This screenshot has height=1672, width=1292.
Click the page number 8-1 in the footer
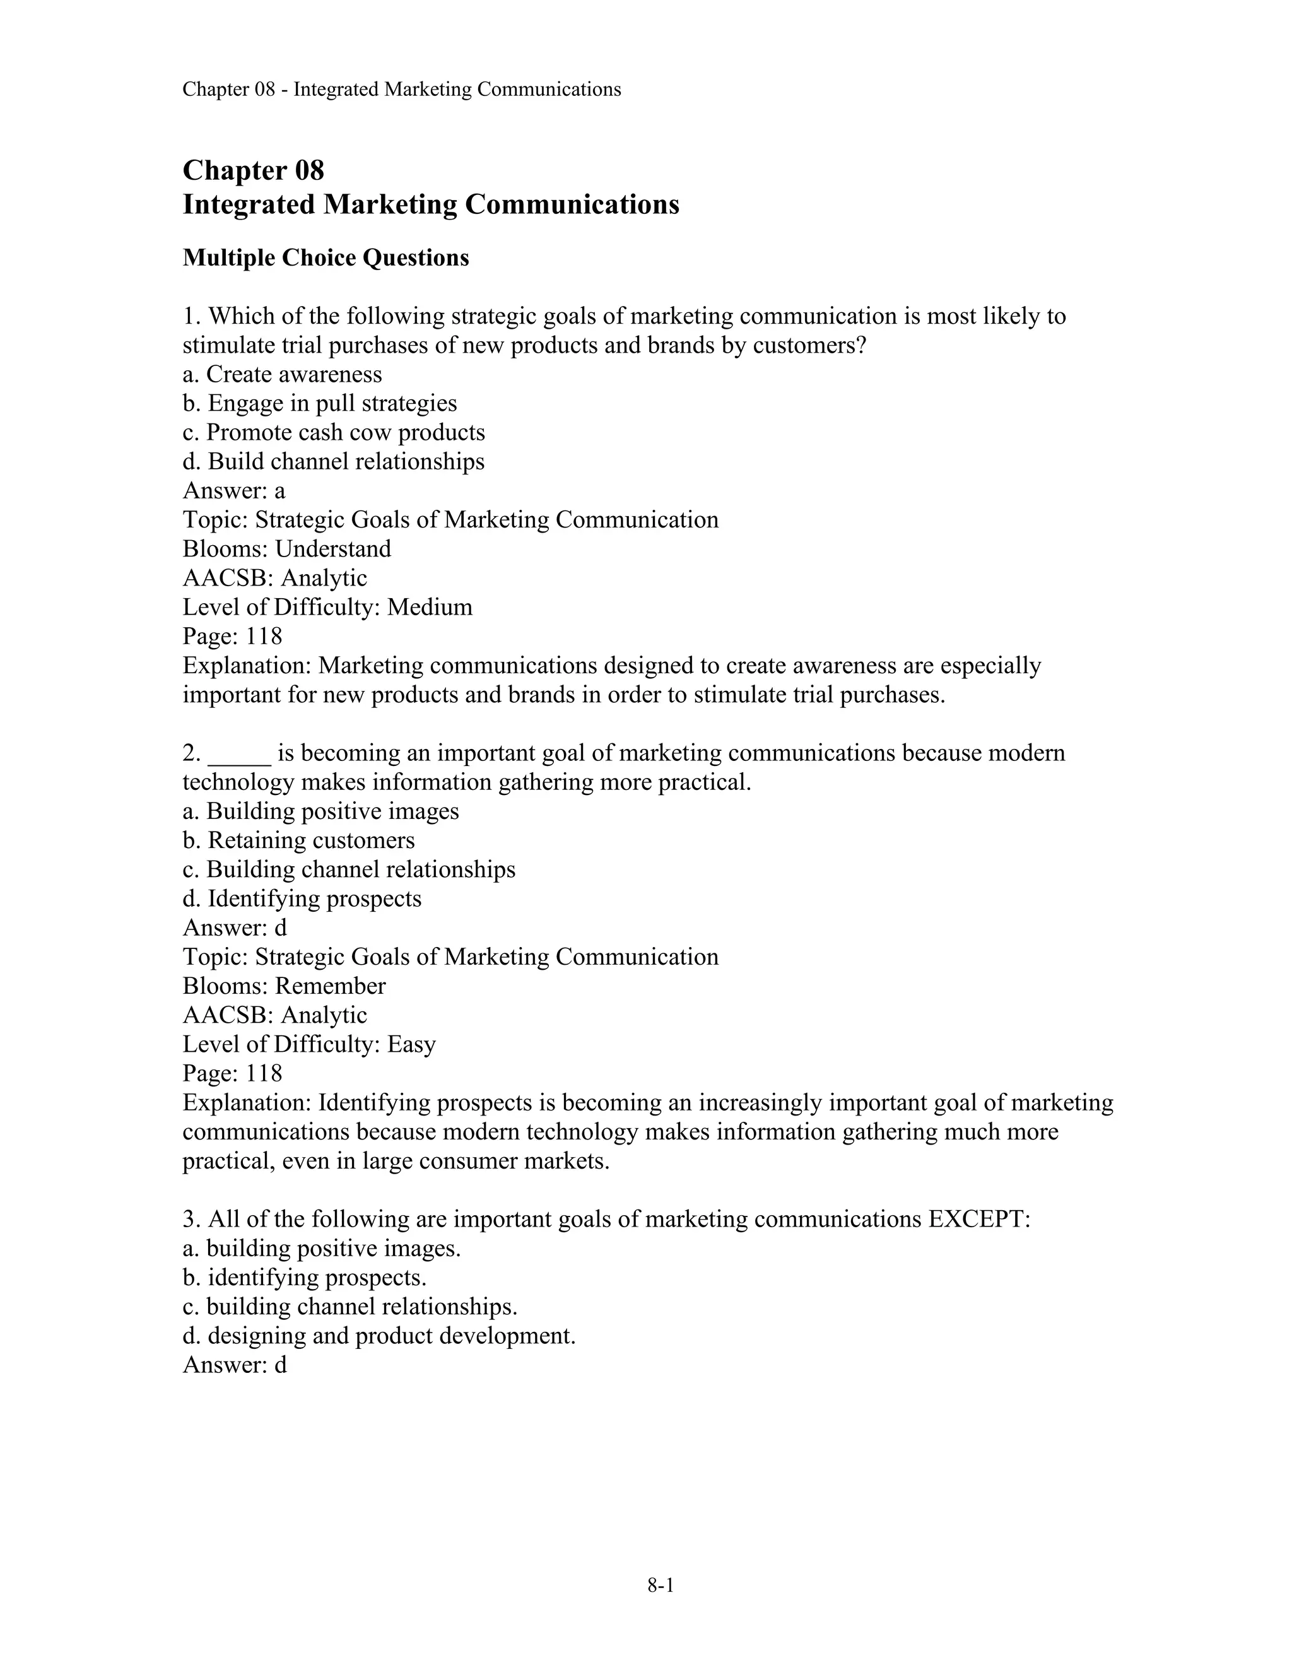[660, 1585]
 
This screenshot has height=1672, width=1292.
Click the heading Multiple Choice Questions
[326, 258]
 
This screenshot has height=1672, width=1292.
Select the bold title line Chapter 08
[254, 170]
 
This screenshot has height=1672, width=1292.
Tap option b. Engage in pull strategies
[319, 403]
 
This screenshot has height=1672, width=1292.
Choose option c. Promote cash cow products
[334, 433]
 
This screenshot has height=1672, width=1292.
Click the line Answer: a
[233, 491]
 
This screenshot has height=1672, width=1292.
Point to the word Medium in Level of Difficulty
[430, 607]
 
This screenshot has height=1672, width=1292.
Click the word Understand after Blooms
[333, 549]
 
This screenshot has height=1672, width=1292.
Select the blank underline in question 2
[240, 754]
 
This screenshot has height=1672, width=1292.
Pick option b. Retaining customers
[298, 840]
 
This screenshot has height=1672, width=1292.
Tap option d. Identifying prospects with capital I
[302, 898]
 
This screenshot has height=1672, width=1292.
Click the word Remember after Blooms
[330, 986]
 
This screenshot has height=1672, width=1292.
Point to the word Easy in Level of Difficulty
[411, 1044]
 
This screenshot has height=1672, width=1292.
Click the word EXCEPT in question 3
[978, 1219]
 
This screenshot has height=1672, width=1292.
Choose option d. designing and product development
[379, 1336]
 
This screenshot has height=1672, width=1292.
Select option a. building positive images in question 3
[322, 1249]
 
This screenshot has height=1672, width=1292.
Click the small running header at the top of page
[401, 90]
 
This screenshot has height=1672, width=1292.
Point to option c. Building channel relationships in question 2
[349, 869]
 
